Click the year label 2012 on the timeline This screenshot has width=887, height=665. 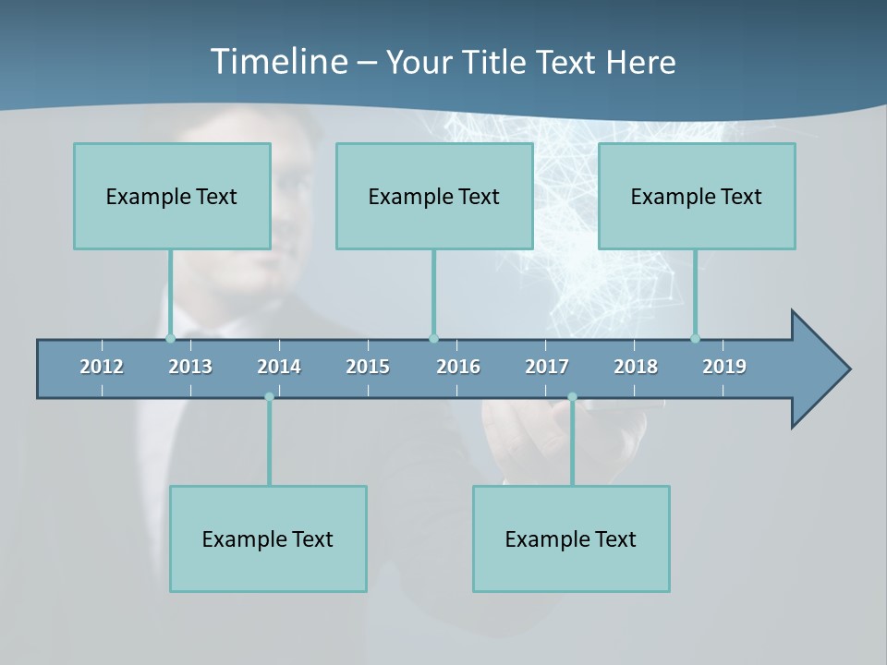click(102, 367)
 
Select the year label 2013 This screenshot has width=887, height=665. click(190, 367)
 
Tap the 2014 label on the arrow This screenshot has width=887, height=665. click(279, 367)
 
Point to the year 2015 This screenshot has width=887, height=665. click(368, 367)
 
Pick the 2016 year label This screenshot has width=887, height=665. click(458, 367)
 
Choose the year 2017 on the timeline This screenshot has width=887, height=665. click(547, 367)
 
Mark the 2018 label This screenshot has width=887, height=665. click(636, 367)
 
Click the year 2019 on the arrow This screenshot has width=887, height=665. click(724, 367)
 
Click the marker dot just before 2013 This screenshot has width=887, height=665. click(170, 338)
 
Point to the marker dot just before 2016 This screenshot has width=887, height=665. click(433, 338)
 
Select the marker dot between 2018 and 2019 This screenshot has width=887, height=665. click(696, 338)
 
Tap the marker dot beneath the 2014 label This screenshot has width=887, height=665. click(269, 397)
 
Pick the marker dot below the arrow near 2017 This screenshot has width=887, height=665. click(572, 397)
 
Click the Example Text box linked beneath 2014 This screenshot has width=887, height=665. click(268, 538)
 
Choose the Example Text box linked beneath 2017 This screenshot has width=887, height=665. click(571, 538)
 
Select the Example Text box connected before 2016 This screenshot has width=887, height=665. click(434, 196)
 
